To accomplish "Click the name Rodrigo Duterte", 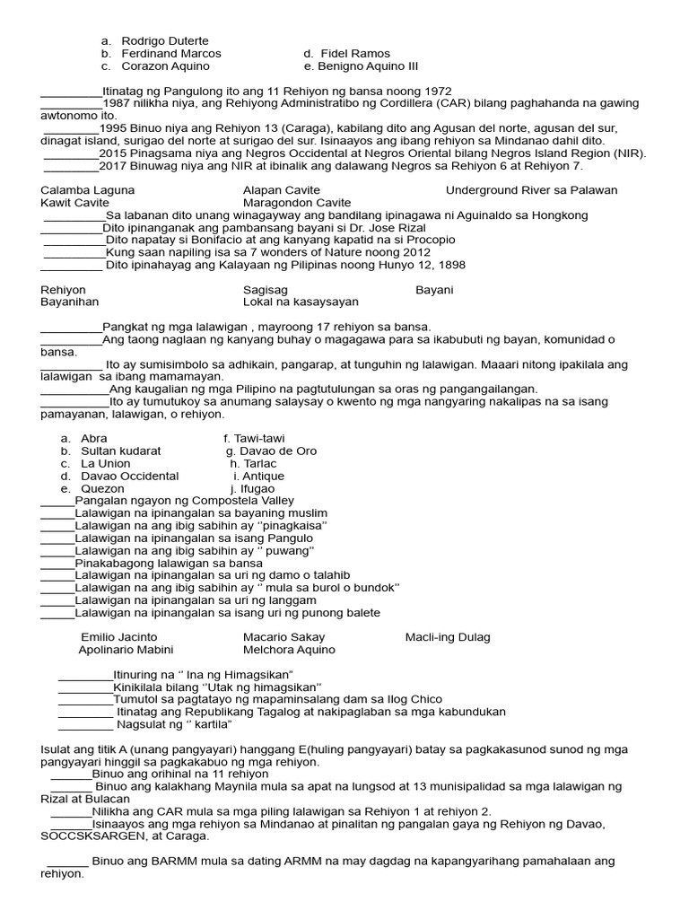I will pos(164,40).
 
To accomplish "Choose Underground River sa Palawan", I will pos(531,190).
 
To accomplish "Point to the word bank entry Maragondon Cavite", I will pos(297,203).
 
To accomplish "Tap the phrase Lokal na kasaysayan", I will pos(301,302).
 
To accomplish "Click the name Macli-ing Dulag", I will pos(448,637).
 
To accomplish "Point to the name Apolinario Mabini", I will pos(126,650).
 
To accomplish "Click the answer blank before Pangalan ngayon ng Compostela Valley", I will pos(57,502).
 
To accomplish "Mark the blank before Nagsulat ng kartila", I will pos(86,725).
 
